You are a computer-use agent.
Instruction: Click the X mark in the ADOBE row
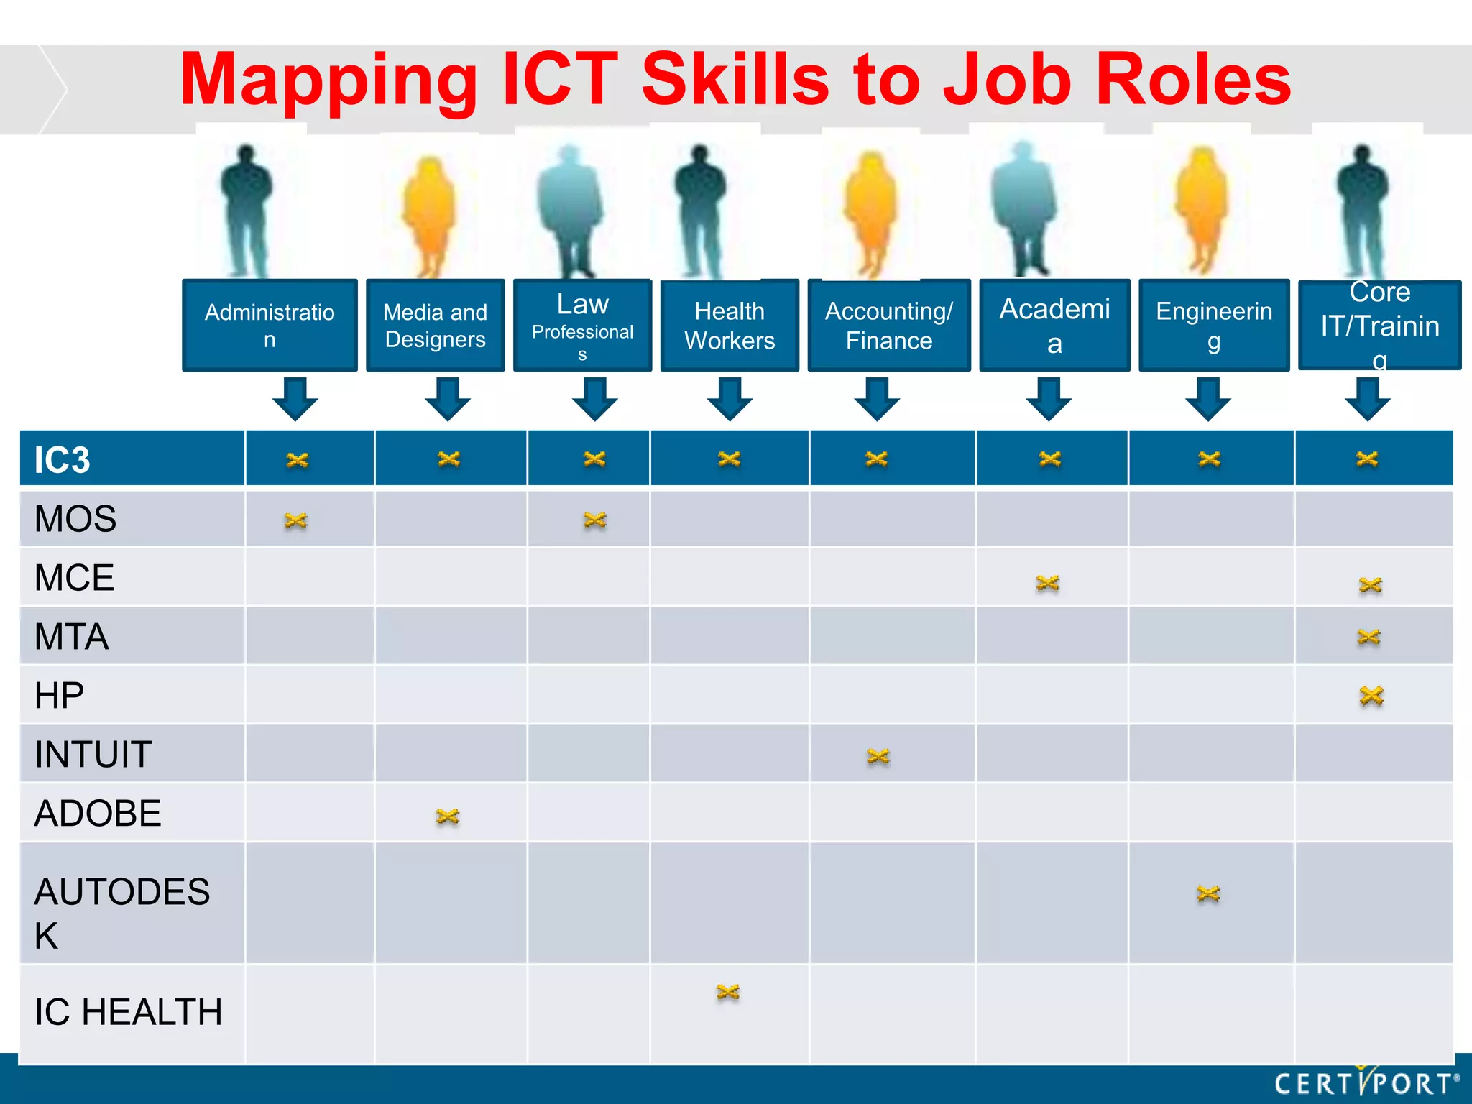(x=448, y=816)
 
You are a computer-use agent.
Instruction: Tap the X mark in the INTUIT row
(x=878, y=756)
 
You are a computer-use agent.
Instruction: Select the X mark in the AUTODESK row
(x=1209, y=893)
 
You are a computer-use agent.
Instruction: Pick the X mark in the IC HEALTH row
(x=728, y=993)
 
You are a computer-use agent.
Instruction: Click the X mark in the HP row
(x=1371, y=696)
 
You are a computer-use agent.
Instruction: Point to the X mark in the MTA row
(x=1368, y=637)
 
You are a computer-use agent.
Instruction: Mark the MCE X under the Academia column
(x=1048, y=583)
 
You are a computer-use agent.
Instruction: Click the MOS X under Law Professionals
(x=595, y=520)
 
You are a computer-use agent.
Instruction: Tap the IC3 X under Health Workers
(x=730, y=459)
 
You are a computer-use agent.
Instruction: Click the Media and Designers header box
(x=436, y=325)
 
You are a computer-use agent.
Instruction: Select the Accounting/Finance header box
(x=889, y=325)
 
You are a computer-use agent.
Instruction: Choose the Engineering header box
(x=1214, y=325)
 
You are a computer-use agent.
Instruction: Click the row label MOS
(x=75, y=519)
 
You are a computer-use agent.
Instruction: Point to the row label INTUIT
(x=93, y=755)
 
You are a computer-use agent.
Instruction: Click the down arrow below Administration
(x=295, y=398)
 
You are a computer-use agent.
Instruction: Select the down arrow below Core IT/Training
(x=1367, y=398)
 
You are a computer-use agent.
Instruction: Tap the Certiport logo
(x=1366, y=1082)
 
